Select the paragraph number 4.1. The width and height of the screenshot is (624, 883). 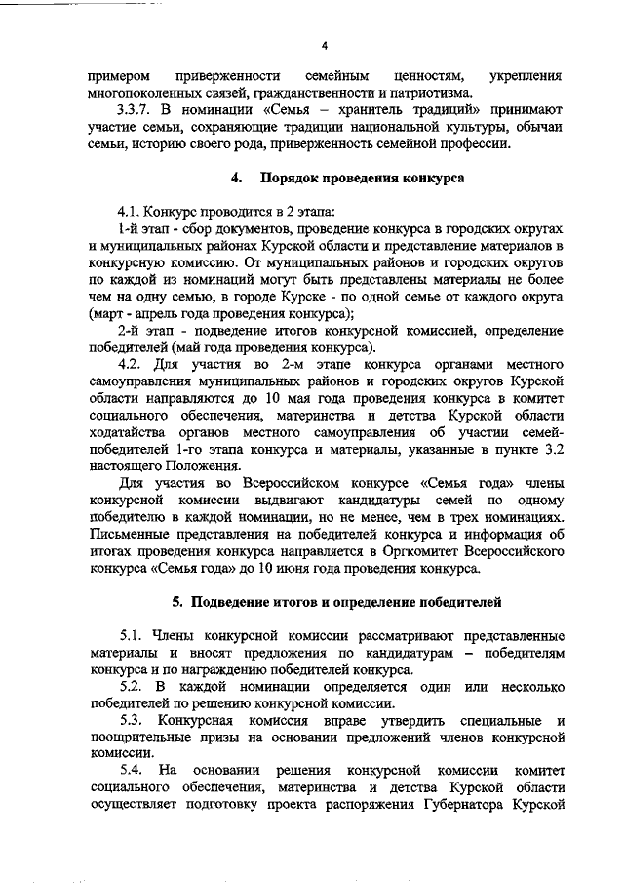131,210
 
